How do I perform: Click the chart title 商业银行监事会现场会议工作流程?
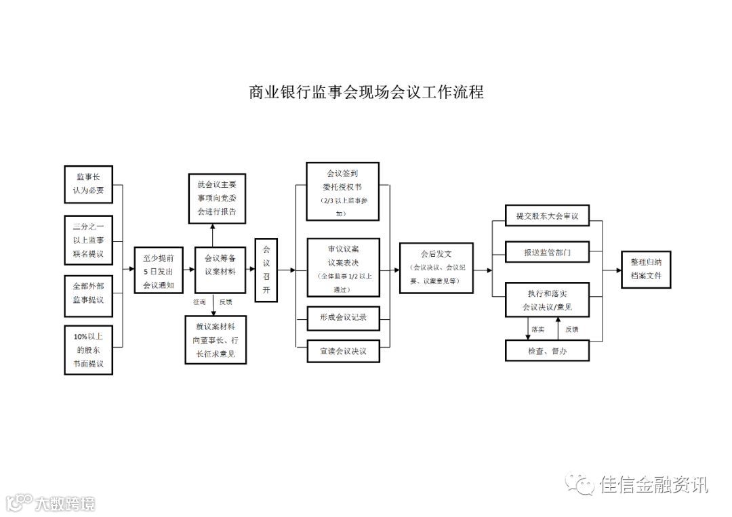click(367, 92)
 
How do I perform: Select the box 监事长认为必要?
click(89, 184)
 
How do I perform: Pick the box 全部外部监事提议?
click(89, 295)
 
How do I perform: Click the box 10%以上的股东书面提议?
click(89, 350)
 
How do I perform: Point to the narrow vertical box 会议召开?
click(266, 270)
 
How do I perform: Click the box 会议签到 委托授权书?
click(342, 191)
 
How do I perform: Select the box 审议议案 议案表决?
click(342, 266)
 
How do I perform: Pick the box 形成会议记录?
click(342, 317)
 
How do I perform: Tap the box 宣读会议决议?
click(342, 350)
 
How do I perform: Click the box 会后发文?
click(436, 268)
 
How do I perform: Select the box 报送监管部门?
click(547, 251)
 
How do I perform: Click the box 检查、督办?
click(547, 350)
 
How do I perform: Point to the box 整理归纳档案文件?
click(645, 270)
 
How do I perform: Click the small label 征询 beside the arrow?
click(199, 302)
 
